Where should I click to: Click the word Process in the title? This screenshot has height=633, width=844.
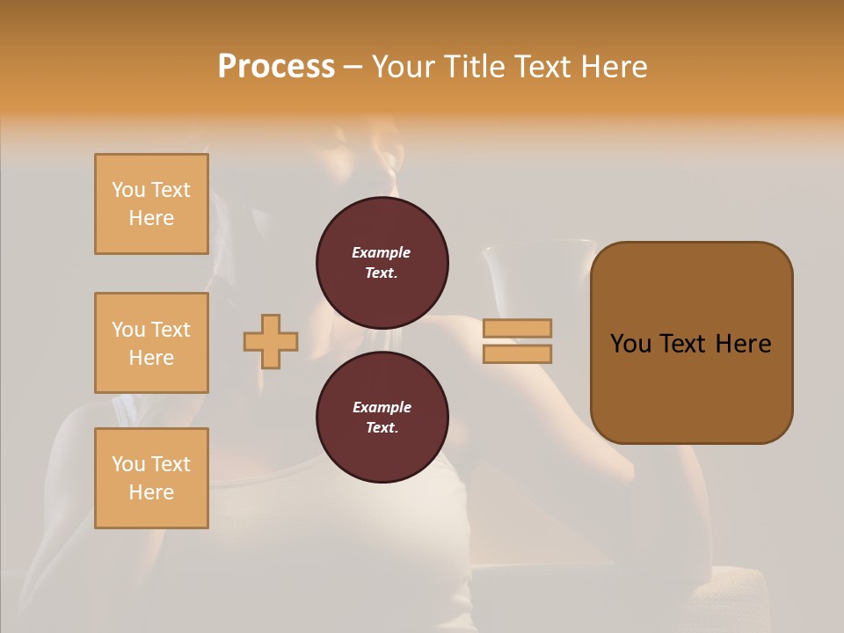click(x=276, y=67)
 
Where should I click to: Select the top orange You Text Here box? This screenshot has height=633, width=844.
click(x=151, y=204)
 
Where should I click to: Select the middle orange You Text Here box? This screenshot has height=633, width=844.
click(x=151, y=343)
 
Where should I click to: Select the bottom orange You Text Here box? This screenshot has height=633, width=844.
click(x=151, y=478)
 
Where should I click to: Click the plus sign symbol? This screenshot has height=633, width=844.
click(x=271, y=341)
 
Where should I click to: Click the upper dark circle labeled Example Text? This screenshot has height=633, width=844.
click(x=382, y=263)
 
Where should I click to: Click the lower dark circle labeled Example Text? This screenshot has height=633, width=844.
click(x=382, y=418)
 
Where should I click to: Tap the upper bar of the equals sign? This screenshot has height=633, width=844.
click(x=517, y=328)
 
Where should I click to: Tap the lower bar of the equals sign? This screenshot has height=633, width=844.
click(x=517, y=353)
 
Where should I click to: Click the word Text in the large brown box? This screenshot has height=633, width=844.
click(x=683, y=344)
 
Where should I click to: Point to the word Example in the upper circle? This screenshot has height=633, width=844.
click(x=382, y=252)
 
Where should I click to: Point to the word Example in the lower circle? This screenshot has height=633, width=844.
click(x=382, y=407)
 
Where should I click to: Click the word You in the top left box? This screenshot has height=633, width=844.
click(x=128, y=190)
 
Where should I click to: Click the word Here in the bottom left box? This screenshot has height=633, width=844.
click(x=151, y=492)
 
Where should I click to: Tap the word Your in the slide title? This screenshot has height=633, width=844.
click(x=403, y=67)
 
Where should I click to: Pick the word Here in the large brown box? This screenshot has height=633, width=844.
click(x=743, y=344)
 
